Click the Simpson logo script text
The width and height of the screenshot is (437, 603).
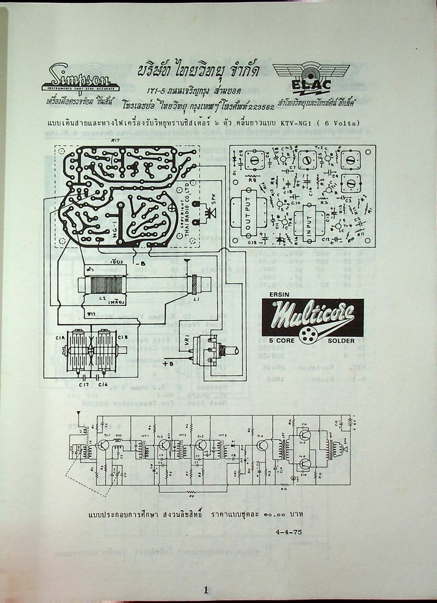(x=79, y=74)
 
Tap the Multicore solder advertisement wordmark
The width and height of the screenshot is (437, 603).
(x=312, y=317)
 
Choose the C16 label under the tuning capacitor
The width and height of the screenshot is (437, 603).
(x=103, y=385)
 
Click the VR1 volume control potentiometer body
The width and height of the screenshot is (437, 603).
(x=210, y=350)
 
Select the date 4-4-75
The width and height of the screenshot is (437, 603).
(x=289, y=532)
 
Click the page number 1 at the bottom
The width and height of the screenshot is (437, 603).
(x=206, y=590)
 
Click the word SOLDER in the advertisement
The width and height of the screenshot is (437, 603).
(x=341, y=341)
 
